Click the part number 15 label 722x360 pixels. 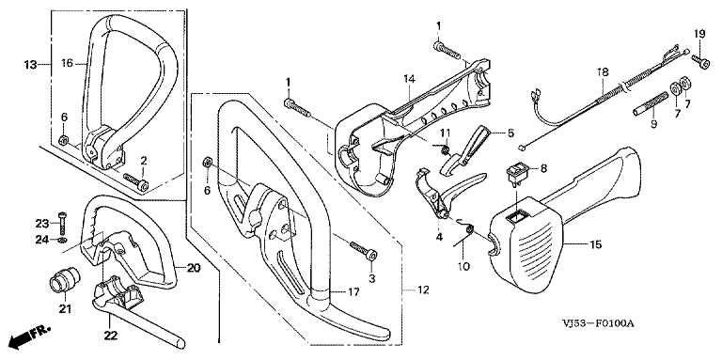595,244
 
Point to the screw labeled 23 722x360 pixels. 63,223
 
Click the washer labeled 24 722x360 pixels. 63,239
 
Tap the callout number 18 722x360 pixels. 603,71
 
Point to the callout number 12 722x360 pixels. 423,290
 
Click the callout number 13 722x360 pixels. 30,65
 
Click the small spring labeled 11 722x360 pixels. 445,150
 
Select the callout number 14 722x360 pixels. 410,80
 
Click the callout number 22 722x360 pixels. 110,337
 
